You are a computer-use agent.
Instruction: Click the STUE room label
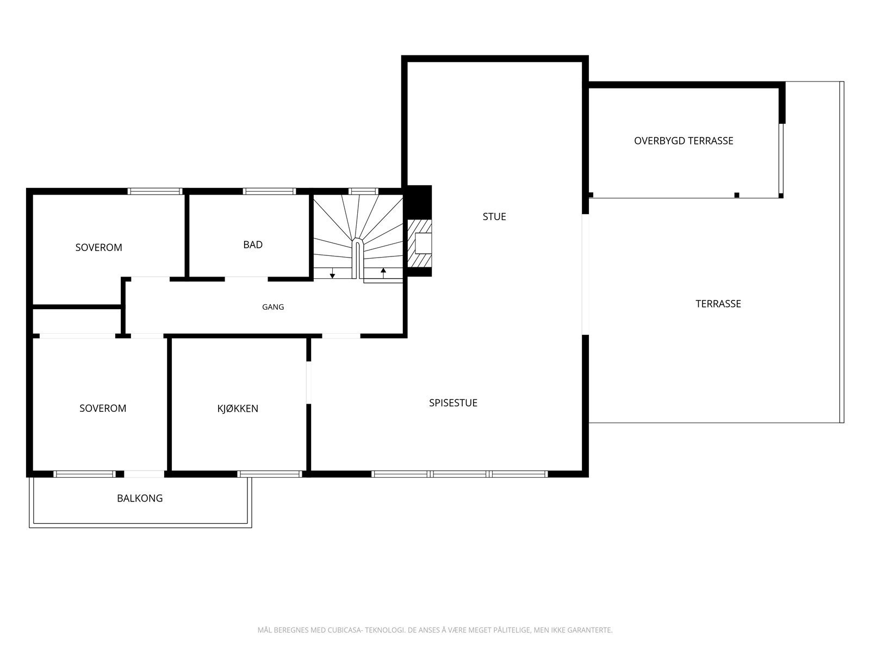point(494,217)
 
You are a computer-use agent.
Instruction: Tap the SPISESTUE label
point(453,403)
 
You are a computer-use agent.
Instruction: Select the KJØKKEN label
point(238,408)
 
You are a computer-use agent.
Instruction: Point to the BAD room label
point(253,244)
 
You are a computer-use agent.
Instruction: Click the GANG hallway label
point(273,307)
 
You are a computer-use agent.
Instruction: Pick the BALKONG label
point(140,498)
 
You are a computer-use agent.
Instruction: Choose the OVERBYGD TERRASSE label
point(683,141)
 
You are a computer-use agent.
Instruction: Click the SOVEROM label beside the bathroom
point(99,247)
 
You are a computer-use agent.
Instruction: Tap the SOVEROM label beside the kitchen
point(103,408)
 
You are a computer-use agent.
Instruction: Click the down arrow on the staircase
point(332,273)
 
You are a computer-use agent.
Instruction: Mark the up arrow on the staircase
point(383,273)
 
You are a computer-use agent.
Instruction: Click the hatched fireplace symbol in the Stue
point(419,243)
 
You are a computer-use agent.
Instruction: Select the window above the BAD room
point(269,192)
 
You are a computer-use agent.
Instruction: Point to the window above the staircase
point(363,192)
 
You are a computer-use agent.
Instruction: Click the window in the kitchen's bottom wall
point(270,474)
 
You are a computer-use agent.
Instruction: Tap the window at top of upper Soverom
point(154,192)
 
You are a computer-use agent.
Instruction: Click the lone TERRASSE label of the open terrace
point(718,304)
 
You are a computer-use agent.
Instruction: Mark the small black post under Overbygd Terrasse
point(736,195)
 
